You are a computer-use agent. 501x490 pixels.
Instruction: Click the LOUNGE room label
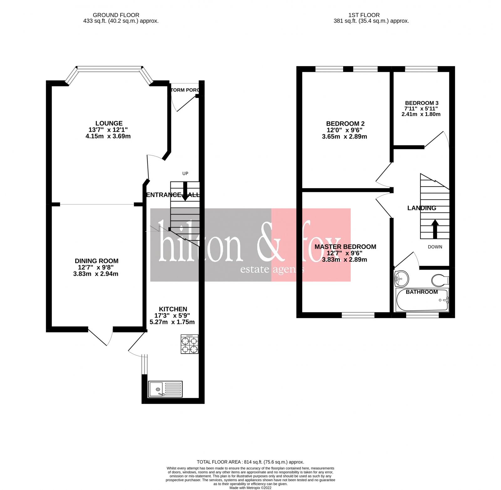pyautogui.click(x=109, y=123)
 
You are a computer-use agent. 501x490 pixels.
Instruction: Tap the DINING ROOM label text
pyautogui.click(x=96, y=261)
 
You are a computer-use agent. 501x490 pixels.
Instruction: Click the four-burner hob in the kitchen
pyautogui.click(x=189, y=344)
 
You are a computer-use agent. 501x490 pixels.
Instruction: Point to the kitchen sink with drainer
pyautogui.click(x=165, y=389)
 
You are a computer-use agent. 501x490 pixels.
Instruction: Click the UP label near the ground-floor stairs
pyautogui.click(x=185, y=173)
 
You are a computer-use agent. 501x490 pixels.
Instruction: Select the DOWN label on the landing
pyautogui.click(x=435, y=247)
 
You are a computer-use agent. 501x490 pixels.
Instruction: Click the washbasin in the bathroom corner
pyautogui.click(x=401, y=278)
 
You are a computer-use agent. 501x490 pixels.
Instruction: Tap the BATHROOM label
pyautogui.click(x=421, y=292)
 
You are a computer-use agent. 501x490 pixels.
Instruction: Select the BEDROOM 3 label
pyautogui.click(x=421, y=103)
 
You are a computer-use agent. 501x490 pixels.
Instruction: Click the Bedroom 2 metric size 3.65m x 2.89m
pyautogui.click(x=344, y=136)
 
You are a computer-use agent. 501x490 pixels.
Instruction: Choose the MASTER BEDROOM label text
pyautogui.click(x=345, y=247)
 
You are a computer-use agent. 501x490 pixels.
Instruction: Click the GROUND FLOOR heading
pyautogui.click(x=116, y=15)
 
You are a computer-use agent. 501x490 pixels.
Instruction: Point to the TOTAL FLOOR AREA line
pyautogui.click(x=250, y=462)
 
